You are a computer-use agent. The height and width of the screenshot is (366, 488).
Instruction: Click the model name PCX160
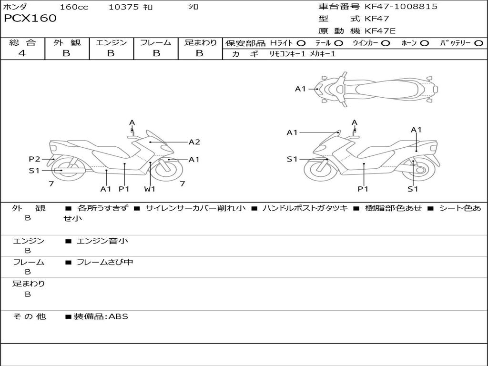click(30, 19)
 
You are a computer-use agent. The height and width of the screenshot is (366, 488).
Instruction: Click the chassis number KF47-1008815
click(401, 7)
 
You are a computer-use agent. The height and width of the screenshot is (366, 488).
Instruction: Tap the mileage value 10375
click(123, 7)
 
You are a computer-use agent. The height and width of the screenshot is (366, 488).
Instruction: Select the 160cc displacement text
click(74, 7)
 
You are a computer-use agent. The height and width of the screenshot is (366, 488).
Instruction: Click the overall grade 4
click(22, 53)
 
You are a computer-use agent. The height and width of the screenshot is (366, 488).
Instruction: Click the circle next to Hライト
click(301, 43)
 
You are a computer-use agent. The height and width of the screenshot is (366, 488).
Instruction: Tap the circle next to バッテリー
click(478, 43)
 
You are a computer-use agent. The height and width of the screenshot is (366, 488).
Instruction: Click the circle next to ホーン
click(424, 43)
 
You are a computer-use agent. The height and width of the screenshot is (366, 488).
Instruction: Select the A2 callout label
click(194, 142)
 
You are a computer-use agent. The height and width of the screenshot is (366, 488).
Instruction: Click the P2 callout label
click(34, 159)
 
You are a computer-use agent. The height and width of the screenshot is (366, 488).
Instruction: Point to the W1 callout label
click(150, 189)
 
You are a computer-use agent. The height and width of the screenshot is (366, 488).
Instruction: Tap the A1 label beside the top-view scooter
click(300, 89)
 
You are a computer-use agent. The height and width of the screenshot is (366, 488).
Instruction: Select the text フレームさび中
click(105, 262)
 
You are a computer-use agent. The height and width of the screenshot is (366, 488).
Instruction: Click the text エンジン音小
click(102, 241)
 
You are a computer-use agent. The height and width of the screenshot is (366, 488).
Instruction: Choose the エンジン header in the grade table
click(111, 43)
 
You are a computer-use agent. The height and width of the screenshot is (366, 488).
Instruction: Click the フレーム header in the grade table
click(155, 43)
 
